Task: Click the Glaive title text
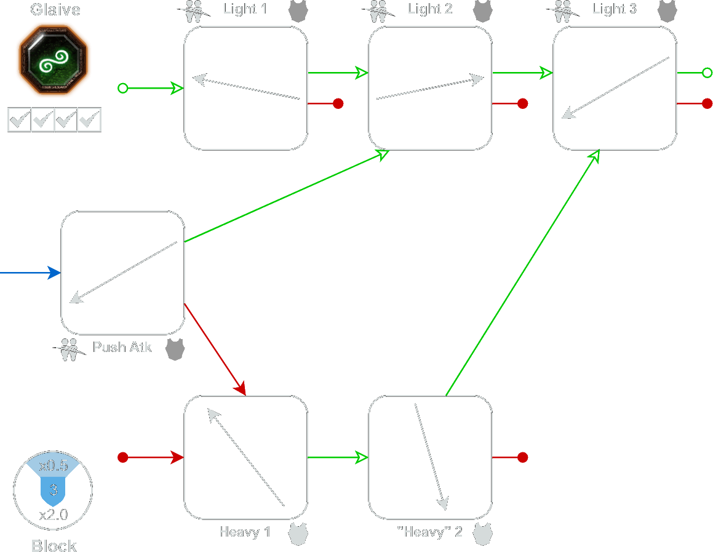point(55,10)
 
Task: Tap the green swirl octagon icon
point(54,60)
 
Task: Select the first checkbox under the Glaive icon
point(20,120)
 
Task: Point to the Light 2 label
point(429,10)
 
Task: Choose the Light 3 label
point(614,10)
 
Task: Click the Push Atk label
point(122,347)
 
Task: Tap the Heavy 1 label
point(245,532)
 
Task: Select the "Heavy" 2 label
point(429,532)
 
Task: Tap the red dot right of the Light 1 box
point(338,103)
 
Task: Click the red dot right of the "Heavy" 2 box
point(522,457)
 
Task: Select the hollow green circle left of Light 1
point(122,89)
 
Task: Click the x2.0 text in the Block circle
point(54,515)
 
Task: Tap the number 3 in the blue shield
point(54,490)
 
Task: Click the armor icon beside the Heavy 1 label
point(298,534)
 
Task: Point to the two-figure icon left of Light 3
point(562,10)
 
